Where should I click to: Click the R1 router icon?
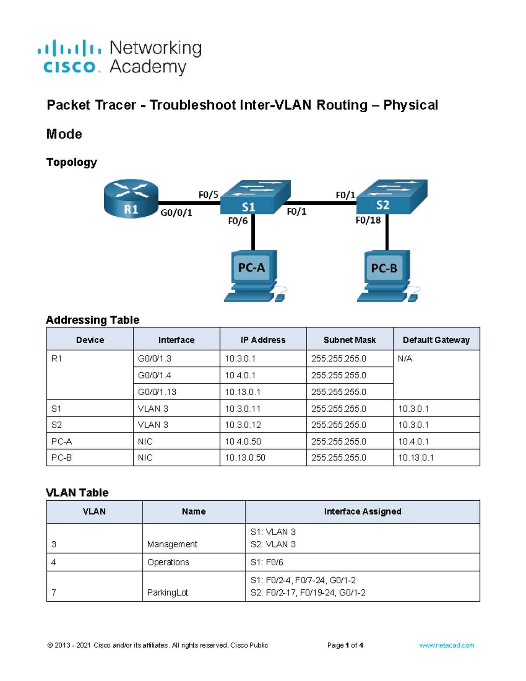[131, 198]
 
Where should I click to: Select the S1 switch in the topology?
[255, 197]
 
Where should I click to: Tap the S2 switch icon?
[391, 196]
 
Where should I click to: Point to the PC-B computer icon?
[388, 276]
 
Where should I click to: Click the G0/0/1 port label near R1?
[176, 213]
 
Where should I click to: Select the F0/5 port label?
[208, 195]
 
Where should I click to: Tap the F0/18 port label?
[368, 220]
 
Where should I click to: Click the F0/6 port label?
[238, 221]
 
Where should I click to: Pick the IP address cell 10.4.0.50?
[243, 441]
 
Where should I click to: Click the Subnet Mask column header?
[350, 340]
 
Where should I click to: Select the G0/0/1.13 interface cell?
[157, 392]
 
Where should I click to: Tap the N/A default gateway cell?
[405, 358]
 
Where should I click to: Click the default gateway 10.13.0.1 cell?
[416, 457]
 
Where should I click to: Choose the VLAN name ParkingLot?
[167, 592]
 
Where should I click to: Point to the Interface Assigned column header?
[363, 511]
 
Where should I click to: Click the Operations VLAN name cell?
[168, 562]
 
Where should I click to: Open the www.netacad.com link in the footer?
[446, 645]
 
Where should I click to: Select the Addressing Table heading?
[92, 320]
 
